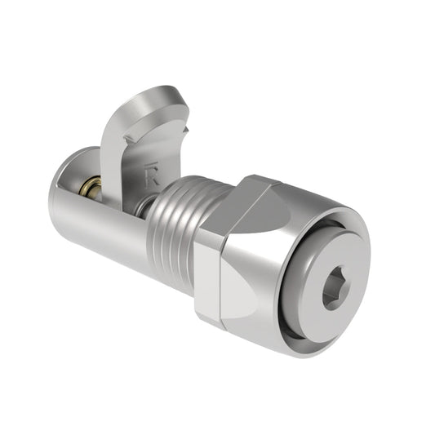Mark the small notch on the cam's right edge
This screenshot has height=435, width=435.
(x=187, y=131)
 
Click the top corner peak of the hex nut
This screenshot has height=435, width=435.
(x=253, y=178)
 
